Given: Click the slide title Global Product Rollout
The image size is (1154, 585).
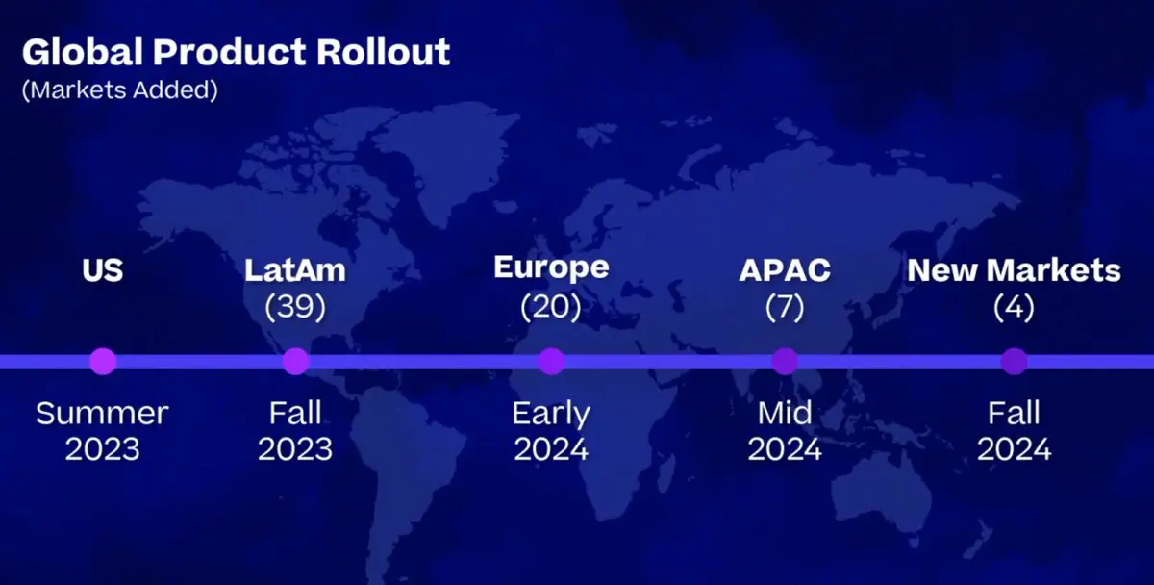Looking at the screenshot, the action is click(236, 52).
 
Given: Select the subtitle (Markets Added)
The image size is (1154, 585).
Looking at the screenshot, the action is click(120, 89).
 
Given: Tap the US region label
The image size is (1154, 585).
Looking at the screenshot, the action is click(103, 270).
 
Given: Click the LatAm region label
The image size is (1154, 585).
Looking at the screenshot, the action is click(295, 270).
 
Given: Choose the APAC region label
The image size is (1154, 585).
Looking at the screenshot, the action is click(785, 270).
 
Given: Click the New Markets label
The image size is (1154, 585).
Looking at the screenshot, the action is click(1014, 270).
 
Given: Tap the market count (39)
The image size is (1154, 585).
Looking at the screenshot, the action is click(295, 307).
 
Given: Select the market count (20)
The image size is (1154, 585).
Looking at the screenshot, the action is click(551, 307).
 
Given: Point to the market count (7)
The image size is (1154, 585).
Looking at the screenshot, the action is click(785, 307).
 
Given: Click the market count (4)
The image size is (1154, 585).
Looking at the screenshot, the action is click(1014, 307).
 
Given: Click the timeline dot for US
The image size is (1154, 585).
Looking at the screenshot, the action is click(103, 362).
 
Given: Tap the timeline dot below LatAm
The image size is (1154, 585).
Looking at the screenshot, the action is click(296, 362).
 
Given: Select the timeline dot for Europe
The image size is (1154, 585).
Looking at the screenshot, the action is click(551, 362).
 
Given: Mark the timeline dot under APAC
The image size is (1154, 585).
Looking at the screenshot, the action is click(785, 362).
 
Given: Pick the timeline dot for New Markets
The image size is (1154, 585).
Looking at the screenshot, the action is click(1015, 362).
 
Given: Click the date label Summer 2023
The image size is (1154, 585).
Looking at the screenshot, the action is click(102, 431).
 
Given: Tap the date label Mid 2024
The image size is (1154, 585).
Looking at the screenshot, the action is click(785, 431).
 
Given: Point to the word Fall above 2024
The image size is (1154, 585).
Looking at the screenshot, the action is click(1014, 413).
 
